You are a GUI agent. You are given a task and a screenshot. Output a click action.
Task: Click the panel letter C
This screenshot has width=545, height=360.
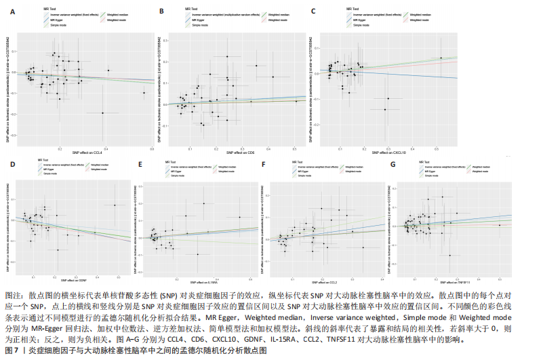point(313,10)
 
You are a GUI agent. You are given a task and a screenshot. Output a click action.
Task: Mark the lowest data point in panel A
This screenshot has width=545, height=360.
point(102,113)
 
